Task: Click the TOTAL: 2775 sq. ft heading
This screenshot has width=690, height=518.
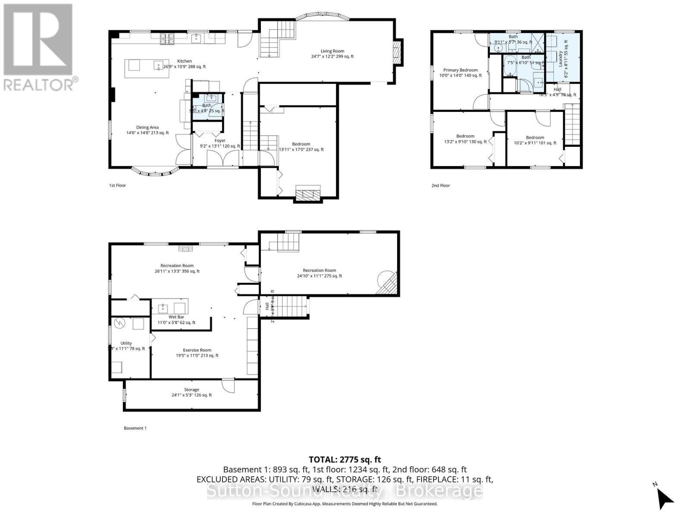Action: [345, 460]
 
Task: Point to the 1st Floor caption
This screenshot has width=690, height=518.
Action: [117, 185]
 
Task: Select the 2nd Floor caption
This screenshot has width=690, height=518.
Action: [440, 185]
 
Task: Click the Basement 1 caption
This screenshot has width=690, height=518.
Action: [135, 428]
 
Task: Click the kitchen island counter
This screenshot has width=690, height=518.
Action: [147, 69]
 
